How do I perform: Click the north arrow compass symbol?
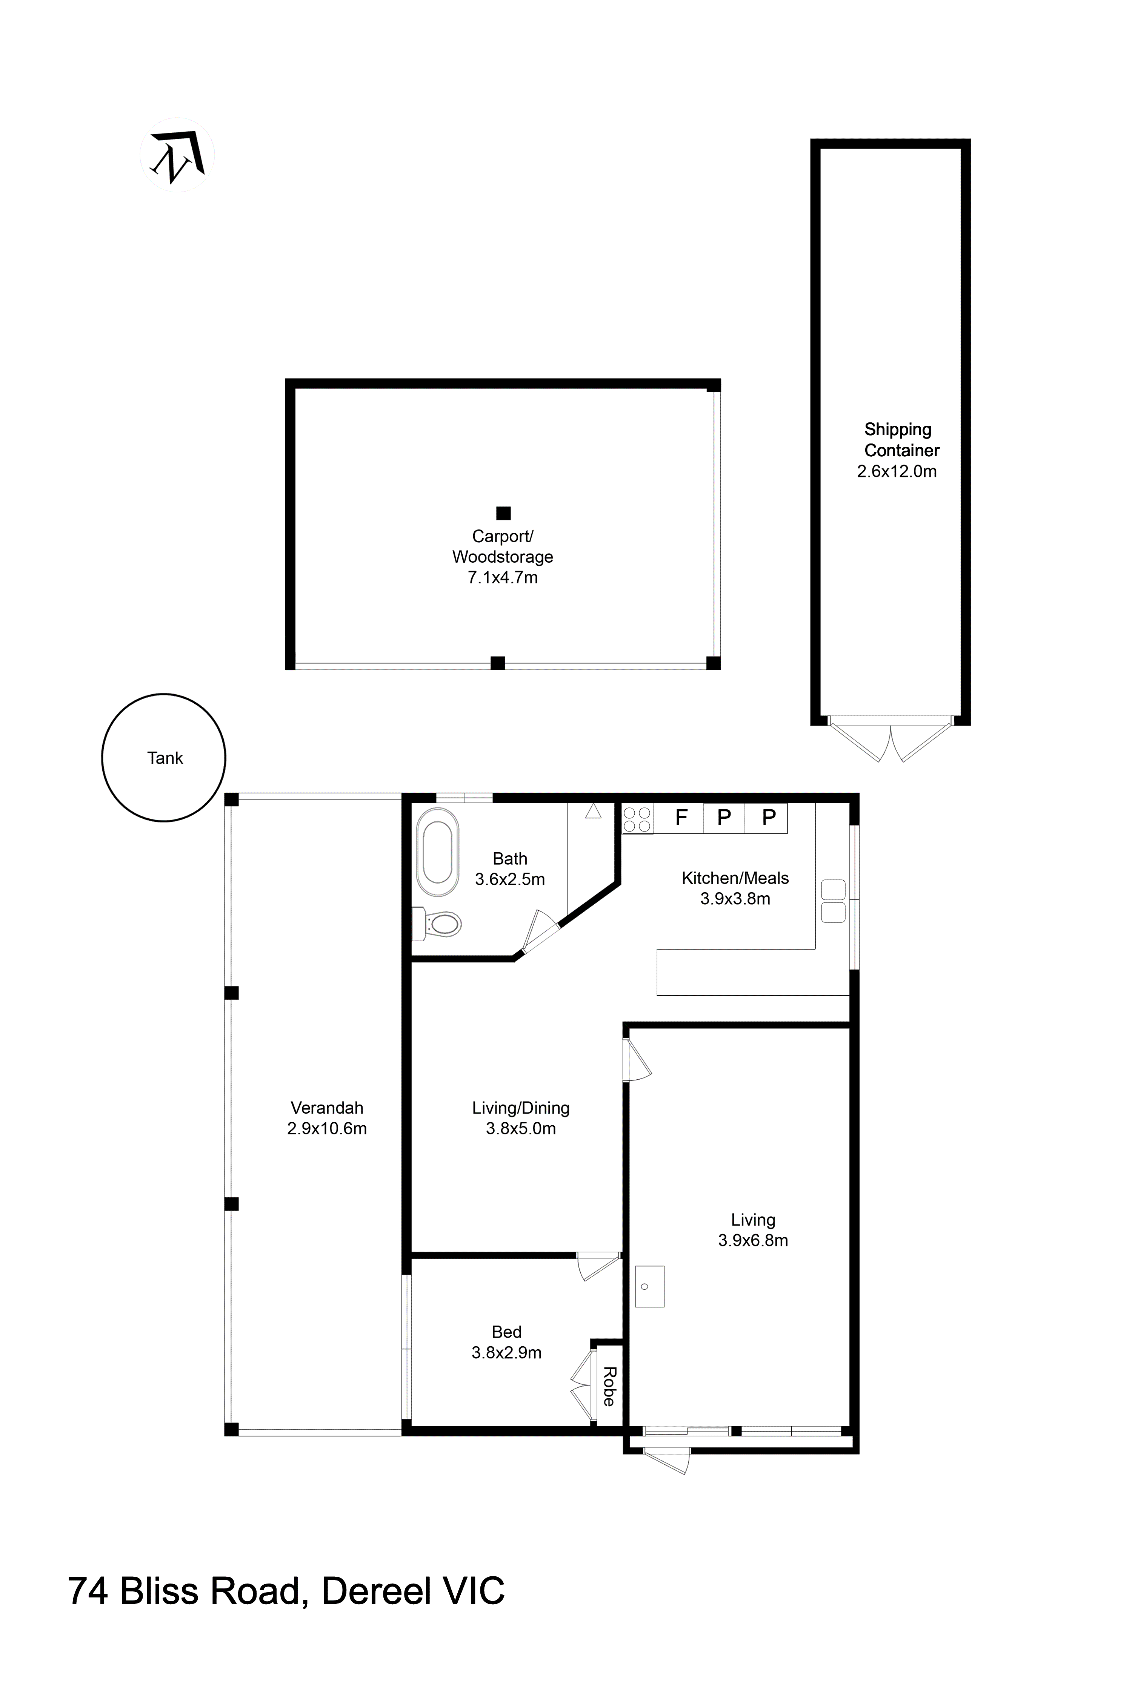pos(177,155)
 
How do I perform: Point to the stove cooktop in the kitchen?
pos(637,819)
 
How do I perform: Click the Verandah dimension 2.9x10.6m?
pos(327,1128)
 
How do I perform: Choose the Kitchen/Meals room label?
pos(735,878)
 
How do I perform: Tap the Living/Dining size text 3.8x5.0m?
pos(520,1128)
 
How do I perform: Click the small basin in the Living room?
pos(649,1286)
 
